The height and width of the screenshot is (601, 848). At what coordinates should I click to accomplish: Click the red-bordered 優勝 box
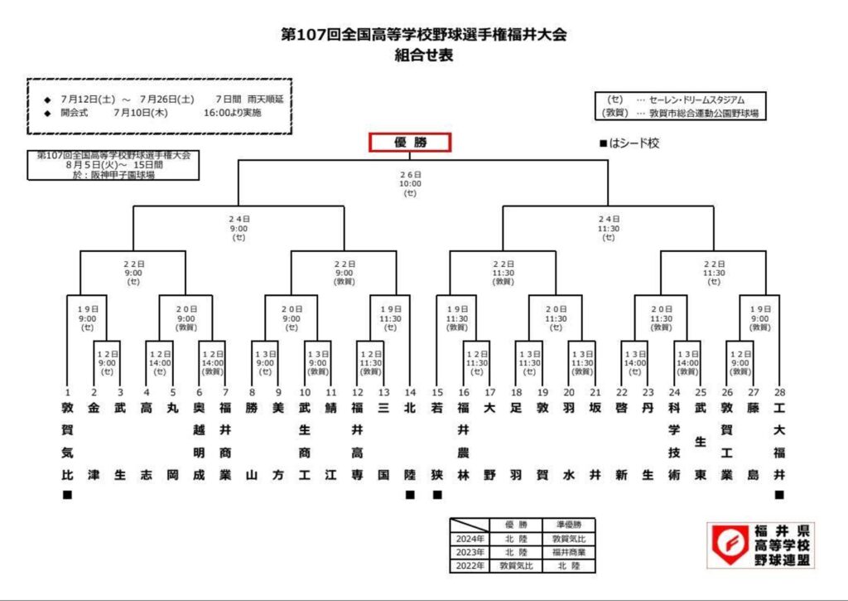tap(409, 143)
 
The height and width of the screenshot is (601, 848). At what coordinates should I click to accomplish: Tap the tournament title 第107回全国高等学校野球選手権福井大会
tap(425, 35)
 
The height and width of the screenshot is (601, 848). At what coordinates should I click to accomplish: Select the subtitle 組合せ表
tap(424, 56)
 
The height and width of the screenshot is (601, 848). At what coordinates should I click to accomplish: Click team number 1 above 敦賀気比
tap(67, 392)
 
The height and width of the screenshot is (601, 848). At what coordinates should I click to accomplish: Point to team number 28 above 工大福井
tap(778, 392)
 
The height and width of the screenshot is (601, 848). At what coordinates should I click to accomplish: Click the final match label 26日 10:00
tap(410, 184)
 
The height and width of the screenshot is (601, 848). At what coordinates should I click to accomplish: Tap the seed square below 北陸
tap(409, 495)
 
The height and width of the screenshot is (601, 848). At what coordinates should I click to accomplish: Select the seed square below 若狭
tap(437, 495)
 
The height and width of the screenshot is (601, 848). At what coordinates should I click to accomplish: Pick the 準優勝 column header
tap(568, 526)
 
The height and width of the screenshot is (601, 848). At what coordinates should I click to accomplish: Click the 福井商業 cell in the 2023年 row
tap(568, 553)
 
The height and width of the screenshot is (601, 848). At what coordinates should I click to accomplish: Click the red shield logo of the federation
tap(728, 545)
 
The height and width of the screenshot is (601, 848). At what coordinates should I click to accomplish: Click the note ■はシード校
tap(629, 143)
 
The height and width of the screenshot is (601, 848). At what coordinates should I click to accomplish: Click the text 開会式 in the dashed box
tap(77, 113)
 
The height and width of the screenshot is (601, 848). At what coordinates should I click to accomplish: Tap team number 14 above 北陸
tap(409, 392)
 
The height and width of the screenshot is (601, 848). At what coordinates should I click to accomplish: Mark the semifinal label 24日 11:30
tap(609, 228)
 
